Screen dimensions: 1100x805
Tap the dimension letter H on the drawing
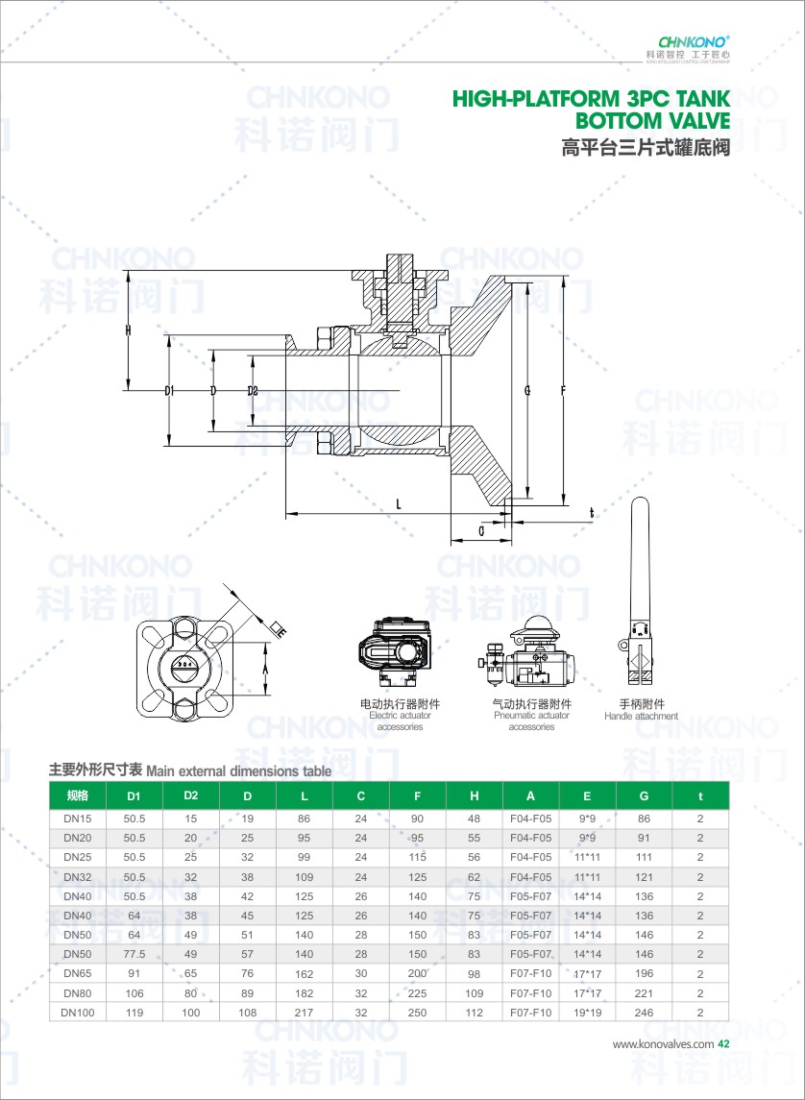128,330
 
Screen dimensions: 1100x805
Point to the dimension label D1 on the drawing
169,391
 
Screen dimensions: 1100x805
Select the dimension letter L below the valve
398,502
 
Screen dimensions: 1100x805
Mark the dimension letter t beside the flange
592,513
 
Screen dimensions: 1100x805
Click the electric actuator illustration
393,654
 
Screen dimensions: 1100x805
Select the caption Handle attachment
641,717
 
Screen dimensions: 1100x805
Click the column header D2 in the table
191,795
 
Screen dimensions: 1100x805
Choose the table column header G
644,796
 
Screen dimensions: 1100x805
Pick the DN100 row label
78,1012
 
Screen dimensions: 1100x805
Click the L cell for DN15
305,819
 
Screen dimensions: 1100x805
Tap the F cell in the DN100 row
418,1012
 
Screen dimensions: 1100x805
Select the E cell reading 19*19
587,1012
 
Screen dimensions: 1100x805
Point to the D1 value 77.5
134,954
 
